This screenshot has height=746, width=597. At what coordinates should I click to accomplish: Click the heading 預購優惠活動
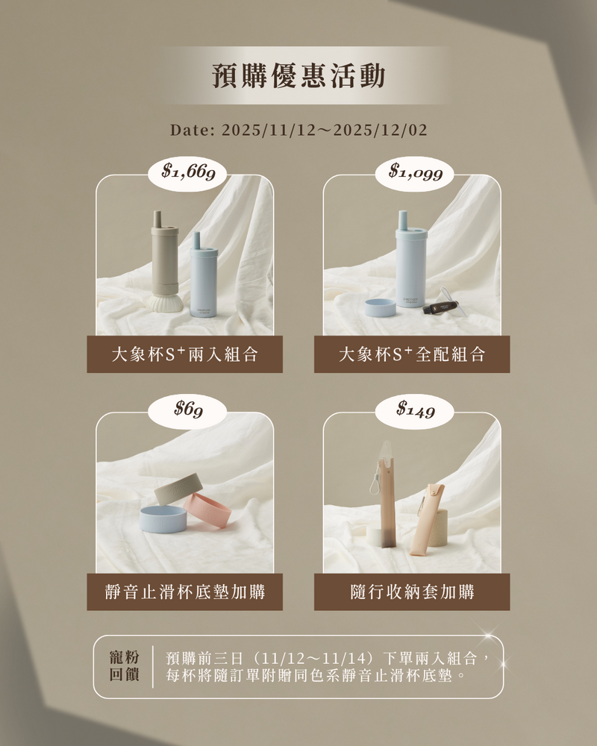pos(298,75)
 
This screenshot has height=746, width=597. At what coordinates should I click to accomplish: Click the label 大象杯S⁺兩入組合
pos(185,354)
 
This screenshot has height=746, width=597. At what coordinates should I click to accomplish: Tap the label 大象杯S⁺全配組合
pos(412,354)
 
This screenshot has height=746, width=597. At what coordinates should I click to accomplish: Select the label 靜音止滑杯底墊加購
pos(185,592)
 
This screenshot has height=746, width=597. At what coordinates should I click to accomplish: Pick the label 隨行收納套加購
pos(412,592)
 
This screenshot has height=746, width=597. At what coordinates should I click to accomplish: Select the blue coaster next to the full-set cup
pos(380,308)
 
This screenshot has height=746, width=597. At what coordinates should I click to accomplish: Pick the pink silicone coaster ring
pos(208,512)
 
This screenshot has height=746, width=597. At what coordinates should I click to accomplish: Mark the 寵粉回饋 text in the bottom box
pos(125,666)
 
